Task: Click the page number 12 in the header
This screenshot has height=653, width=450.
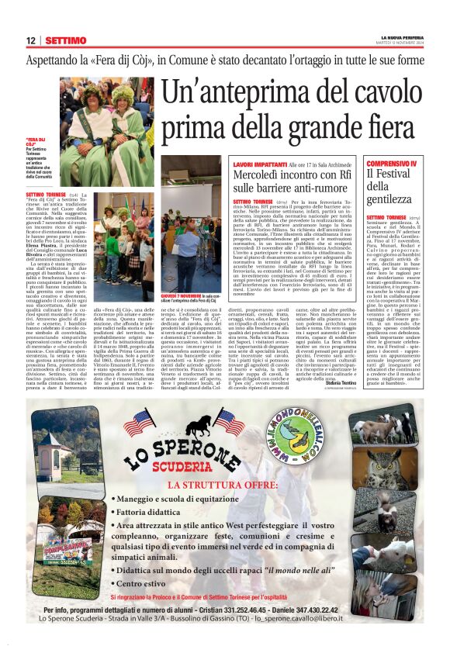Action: click(x=31, y=40)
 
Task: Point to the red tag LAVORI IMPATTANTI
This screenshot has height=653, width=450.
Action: click(x=260, y=165)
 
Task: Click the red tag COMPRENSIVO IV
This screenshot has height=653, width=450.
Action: click(x=392, y=164)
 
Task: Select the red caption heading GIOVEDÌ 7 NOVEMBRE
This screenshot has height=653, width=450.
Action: click(x=181, y=295)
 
